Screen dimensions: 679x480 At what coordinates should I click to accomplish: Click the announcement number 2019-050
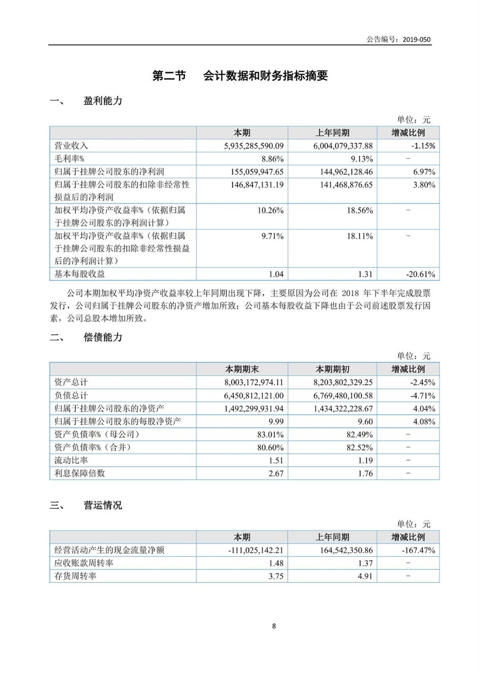416,39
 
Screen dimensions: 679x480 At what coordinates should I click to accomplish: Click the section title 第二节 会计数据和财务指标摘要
240,76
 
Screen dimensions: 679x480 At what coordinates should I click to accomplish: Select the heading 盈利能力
103,101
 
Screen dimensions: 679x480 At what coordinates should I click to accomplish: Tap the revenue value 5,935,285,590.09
254,146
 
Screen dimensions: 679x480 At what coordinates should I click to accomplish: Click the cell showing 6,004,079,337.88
343,146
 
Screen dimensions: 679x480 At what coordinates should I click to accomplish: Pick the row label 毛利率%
69,159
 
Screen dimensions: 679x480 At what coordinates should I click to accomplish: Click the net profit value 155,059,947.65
257,172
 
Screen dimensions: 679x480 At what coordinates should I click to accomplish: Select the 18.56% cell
360,210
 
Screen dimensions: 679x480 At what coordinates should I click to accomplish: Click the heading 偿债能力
103,337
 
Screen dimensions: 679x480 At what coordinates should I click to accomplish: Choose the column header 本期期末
242,369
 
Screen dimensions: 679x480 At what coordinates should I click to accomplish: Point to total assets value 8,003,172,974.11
254,382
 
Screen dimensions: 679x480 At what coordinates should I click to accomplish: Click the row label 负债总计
71,395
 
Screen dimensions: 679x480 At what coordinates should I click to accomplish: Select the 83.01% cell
270,435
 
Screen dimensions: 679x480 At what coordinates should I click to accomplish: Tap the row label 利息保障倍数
80,473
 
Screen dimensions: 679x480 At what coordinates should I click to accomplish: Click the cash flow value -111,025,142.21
256,550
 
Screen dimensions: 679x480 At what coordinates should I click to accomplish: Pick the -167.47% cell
418,550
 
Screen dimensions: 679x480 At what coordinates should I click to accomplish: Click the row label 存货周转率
75,576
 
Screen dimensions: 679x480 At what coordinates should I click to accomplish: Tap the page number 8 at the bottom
274,626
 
